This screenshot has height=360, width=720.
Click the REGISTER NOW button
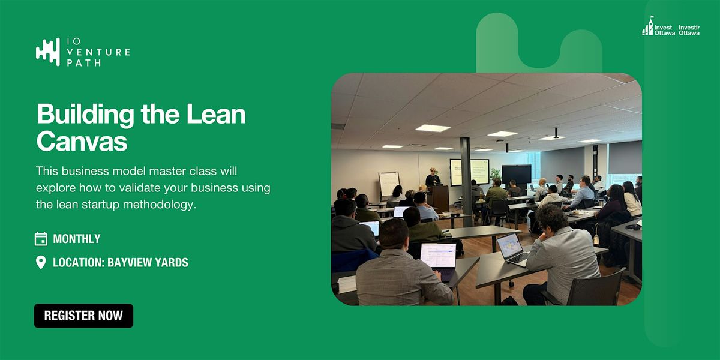coord(83,316)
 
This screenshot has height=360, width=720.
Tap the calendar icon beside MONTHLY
coord(41,239)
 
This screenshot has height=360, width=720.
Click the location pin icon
coord(41,263)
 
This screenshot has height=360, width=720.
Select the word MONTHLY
coord(77,239)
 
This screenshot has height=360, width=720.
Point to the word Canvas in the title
coord(82,141)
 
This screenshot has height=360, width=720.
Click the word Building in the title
coord(85,115)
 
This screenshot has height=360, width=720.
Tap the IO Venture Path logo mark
coord(48,52)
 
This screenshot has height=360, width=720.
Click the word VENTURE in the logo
coord(98,52)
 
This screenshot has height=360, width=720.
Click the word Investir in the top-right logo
coord(689,28)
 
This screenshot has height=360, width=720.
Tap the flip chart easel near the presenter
coord(389,185)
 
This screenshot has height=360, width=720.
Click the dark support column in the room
coord(466,182)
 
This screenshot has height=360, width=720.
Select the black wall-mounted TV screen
coord(517,174)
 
